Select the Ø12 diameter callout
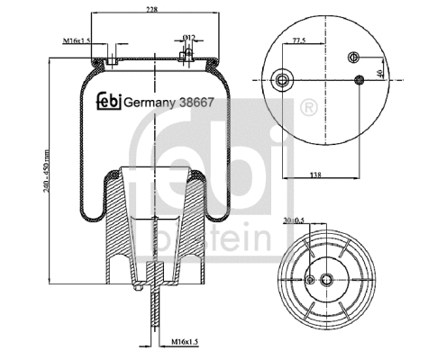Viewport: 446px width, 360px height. pos(189,37)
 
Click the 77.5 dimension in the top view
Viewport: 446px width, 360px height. pos(298,41)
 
